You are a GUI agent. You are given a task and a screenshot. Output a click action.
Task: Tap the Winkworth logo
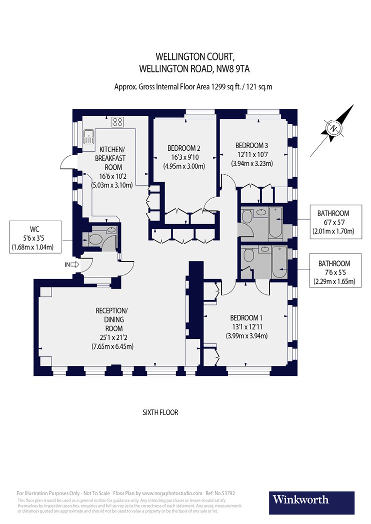(x=300, y=500)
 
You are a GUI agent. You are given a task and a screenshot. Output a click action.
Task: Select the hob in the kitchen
(x=118, y=121)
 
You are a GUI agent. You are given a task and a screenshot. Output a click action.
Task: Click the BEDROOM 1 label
(x=246, y=318)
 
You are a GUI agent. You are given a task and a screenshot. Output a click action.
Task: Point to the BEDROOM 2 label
(x=183, y=148)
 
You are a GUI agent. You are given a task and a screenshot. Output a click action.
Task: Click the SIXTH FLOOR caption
(x=160, y=413)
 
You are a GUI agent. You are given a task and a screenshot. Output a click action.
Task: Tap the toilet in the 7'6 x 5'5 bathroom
(x=248, y=256)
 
